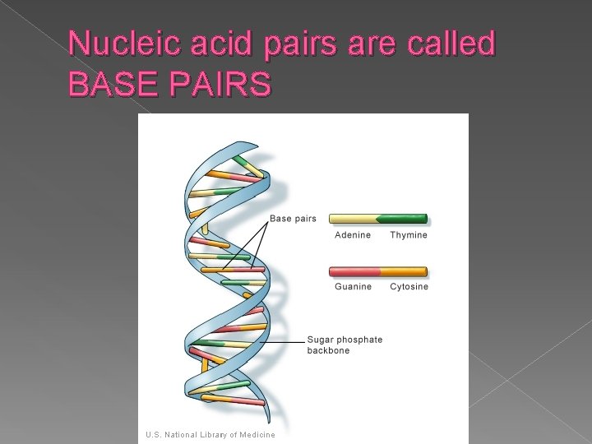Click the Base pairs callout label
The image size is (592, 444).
293,219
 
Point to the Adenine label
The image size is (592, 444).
352,235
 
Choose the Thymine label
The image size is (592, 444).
409,235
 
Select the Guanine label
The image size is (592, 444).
353,286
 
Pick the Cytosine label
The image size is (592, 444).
409,286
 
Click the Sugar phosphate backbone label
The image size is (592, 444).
345,345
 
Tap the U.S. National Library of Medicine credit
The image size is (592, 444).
210,434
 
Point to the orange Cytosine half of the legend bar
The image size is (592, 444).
403,271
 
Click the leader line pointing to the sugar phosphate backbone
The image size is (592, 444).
284,341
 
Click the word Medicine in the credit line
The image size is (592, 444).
256,434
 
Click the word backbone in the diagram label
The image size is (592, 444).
328,350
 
